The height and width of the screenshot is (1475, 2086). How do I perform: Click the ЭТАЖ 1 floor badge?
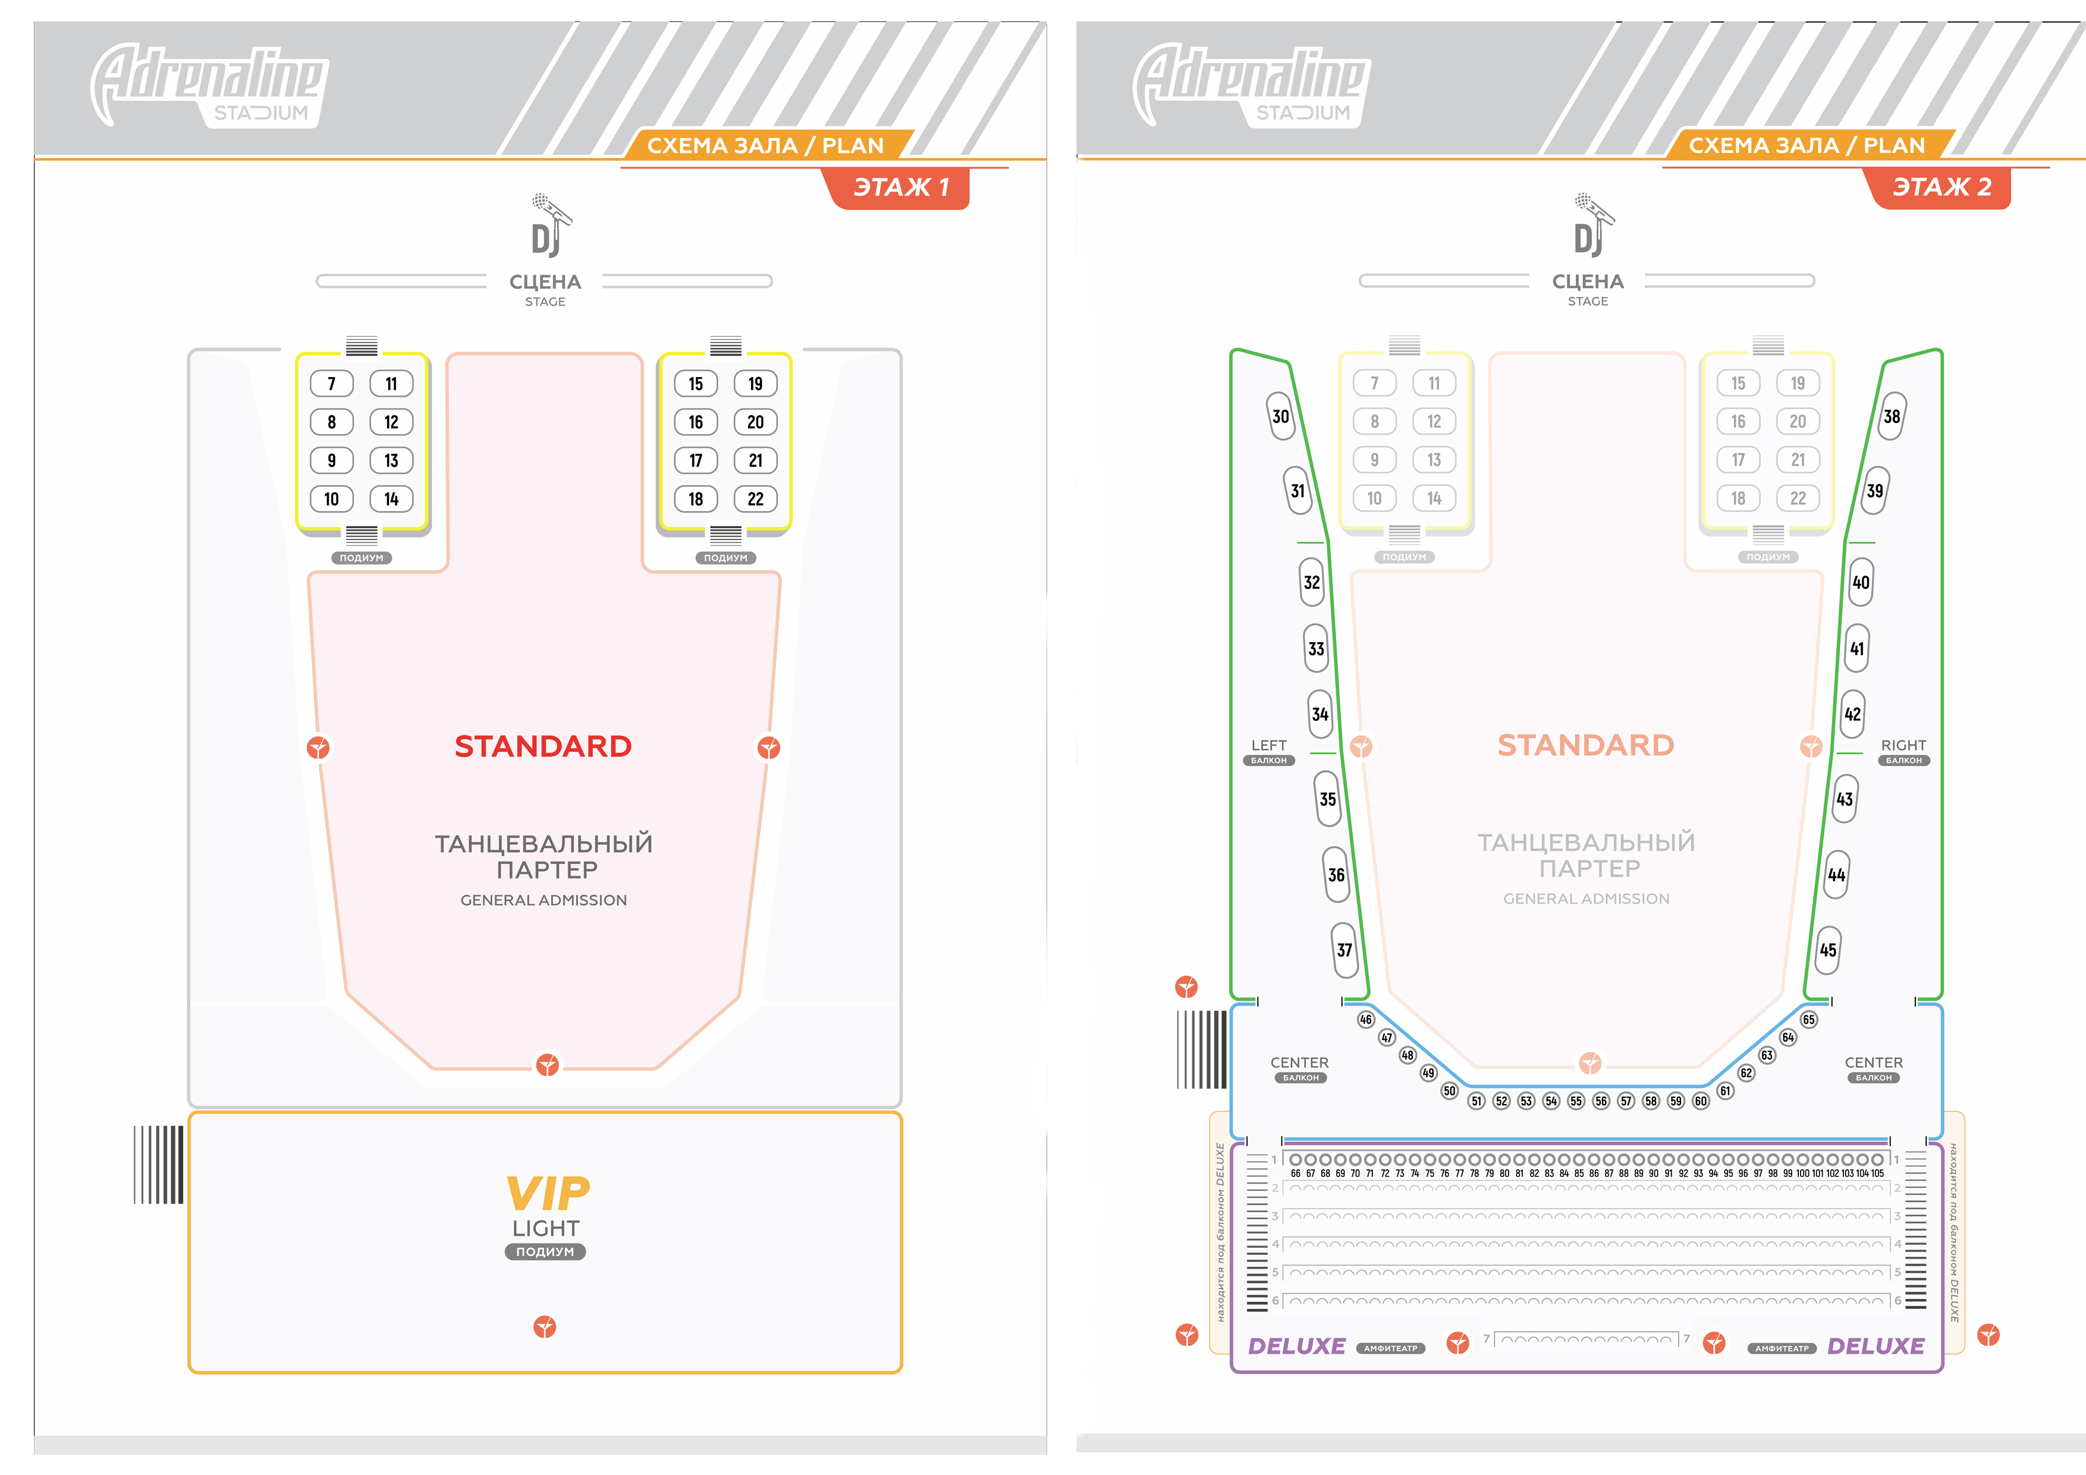tap(900, 187)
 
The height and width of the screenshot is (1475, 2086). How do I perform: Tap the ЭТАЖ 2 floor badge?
tap(1942, 187)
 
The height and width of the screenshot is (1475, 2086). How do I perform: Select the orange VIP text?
tap(547, 1193)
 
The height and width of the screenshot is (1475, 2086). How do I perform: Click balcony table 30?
tap(1280, 416)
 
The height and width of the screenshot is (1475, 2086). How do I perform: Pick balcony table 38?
tap(1892, 416)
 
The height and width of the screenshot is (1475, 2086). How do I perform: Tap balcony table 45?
tap(1828, 950)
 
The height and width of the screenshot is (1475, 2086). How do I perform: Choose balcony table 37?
tap(1344, 950)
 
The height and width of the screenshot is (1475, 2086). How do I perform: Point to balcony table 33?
tap(1315, 648)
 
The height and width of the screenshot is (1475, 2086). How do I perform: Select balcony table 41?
tap(1857, 648)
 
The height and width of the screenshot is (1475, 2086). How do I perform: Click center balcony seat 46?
tap(1365, 1019)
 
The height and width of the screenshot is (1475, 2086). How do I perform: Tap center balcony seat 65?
tap(1809, 1019)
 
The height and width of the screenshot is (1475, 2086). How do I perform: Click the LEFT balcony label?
tap(1268, 745)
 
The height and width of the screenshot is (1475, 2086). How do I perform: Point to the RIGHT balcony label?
tap(1903, 745)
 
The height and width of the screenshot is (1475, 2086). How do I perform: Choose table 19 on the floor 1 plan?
tap(755, 384)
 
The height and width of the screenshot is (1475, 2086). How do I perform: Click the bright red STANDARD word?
tap(544, 746)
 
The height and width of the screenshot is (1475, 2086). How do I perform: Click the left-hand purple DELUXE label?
tap(1296, 1346)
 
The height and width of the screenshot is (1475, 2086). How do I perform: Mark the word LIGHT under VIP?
tap(545, 1228)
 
